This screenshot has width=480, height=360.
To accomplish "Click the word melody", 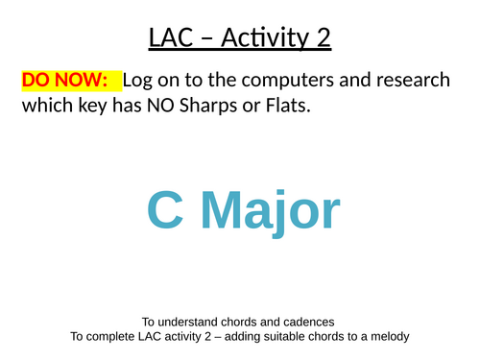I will click(387, 337).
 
